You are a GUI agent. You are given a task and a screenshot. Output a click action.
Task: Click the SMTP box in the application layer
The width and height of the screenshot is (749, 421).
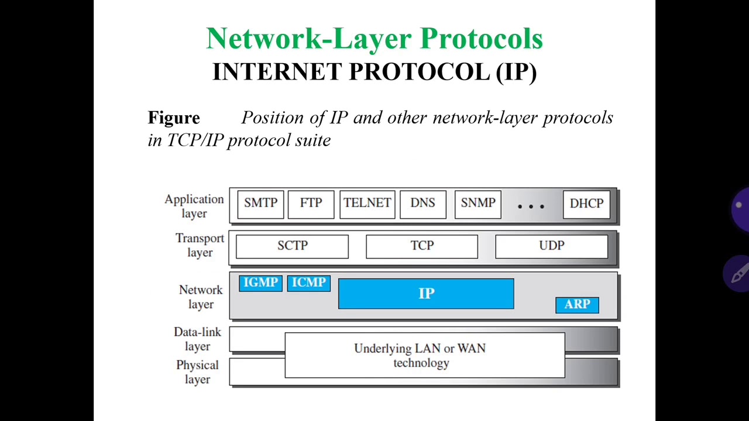pyautogui.click(x=260, y=203)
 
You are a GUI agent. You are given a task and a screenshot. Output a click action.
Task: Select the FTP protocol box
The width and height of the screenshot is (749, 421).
pyautogui.click(x=311, y=203)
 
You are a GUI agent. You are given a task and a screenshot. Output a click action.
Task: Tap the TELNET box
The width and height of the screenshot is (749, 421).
pyautogui.click(x=367, y=203)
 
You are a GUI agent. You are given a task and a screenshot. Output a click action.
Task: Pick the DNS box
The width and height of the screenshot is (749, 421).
pyautogui.click(x=422, y=203)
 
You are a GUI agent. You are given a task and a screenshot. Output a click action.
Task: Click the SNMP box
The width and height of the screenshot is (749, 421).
pyautogui.click(x=477, y=203)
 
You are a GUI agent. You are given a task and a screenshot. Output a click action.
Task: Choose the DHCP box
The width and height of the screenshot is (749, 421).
pyautogui.click(x=586, y=203)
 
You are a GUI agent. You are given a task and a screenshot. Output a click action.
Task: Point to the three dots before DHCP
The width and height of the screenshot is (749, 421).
pyautogui.click(x=531, y=206)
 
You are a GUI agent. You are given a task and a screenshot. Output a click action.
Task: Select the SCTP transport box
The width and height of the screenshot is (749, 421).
pyautogui.click(x=292, y=246)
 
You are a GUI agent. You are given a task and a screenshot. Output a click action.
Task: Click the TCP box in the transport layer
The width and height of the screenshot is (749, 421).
pyautogui.click(x=422, y=246)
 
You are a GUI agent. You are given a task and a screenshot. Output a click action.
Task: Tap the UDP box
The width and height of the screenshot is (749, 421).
pyautogui.click(x=551, y=246)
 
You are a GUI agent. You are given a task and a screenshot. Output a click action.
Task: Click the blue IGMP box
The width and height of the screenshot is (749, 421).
pyautogui.click(x=261, y=283)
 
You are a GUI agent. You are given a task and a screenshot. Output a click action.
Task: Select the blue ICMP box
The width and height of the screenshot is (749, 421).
pyautogui.click(x=308, y=283)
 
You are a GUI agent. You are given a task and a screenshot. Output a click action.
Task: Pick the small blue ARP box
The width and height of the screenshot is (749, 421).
pyautogui.click(x=577, y=305)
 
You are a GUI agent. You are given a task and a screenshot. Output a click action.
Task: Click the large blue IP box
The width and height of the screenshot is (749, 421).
pyautogui.click(x=426, y=294)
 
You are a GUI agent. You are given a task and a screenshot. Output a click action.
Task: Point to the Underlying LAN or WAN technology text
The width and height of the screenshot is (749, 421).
pyautogui.click(x=420, y=356)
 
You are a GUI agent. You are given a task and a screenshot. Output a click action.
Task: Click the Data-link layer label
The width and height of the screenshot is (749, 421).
pyautogui.click(x=197, y=339)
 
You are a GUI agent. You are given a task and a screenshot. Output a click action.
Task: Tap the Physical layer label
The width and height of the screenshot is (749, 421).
pyautogui.click(x=197, y=372)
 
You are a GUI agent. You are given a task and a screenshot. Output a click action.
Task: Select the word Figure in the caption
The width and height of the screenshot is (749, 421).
pyautogui.click(x=174, y=118)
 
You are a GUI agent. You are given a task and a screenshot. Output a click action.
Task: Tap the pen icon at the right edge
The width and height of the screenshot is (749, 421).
pyautogui.click(x=738, y=273)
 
